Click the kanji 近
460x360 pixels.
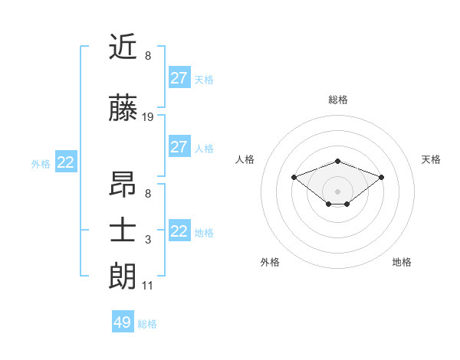click(123, 48)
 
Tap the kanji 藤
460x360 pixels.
click(123, 109)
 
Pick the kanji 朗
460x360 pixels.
click(123, 275)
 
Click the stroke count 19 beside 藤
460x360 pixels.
click(148, 117)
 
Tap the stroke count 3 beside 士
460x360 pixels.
click(148, 240)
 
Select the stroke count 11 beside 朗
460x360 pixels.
click(148, 286)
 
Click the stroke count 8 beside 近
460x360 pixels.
click(148, 56)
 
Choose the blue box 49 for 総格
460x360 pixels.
click(123, 322)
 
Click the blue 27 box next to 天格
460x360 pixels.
click(179, 78)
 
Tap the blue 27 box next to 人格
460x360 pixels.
click(179, 147)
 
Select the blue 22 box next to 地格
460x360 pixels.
click(179, 231)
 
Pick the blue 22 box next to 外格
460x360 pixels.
click(66, 162)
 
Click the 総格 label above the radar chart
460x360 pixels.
click(337, 100)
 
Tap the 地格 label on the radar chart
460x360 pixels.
click(402, 262)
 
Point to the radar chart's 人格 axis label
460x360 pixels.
click(245, 159)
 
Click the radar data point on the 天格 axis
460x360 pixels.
click(381, 177)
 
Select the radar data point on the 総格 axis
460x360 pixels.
click(337, 161)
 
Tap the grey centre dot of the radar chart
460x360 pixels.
click(337, 191)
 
